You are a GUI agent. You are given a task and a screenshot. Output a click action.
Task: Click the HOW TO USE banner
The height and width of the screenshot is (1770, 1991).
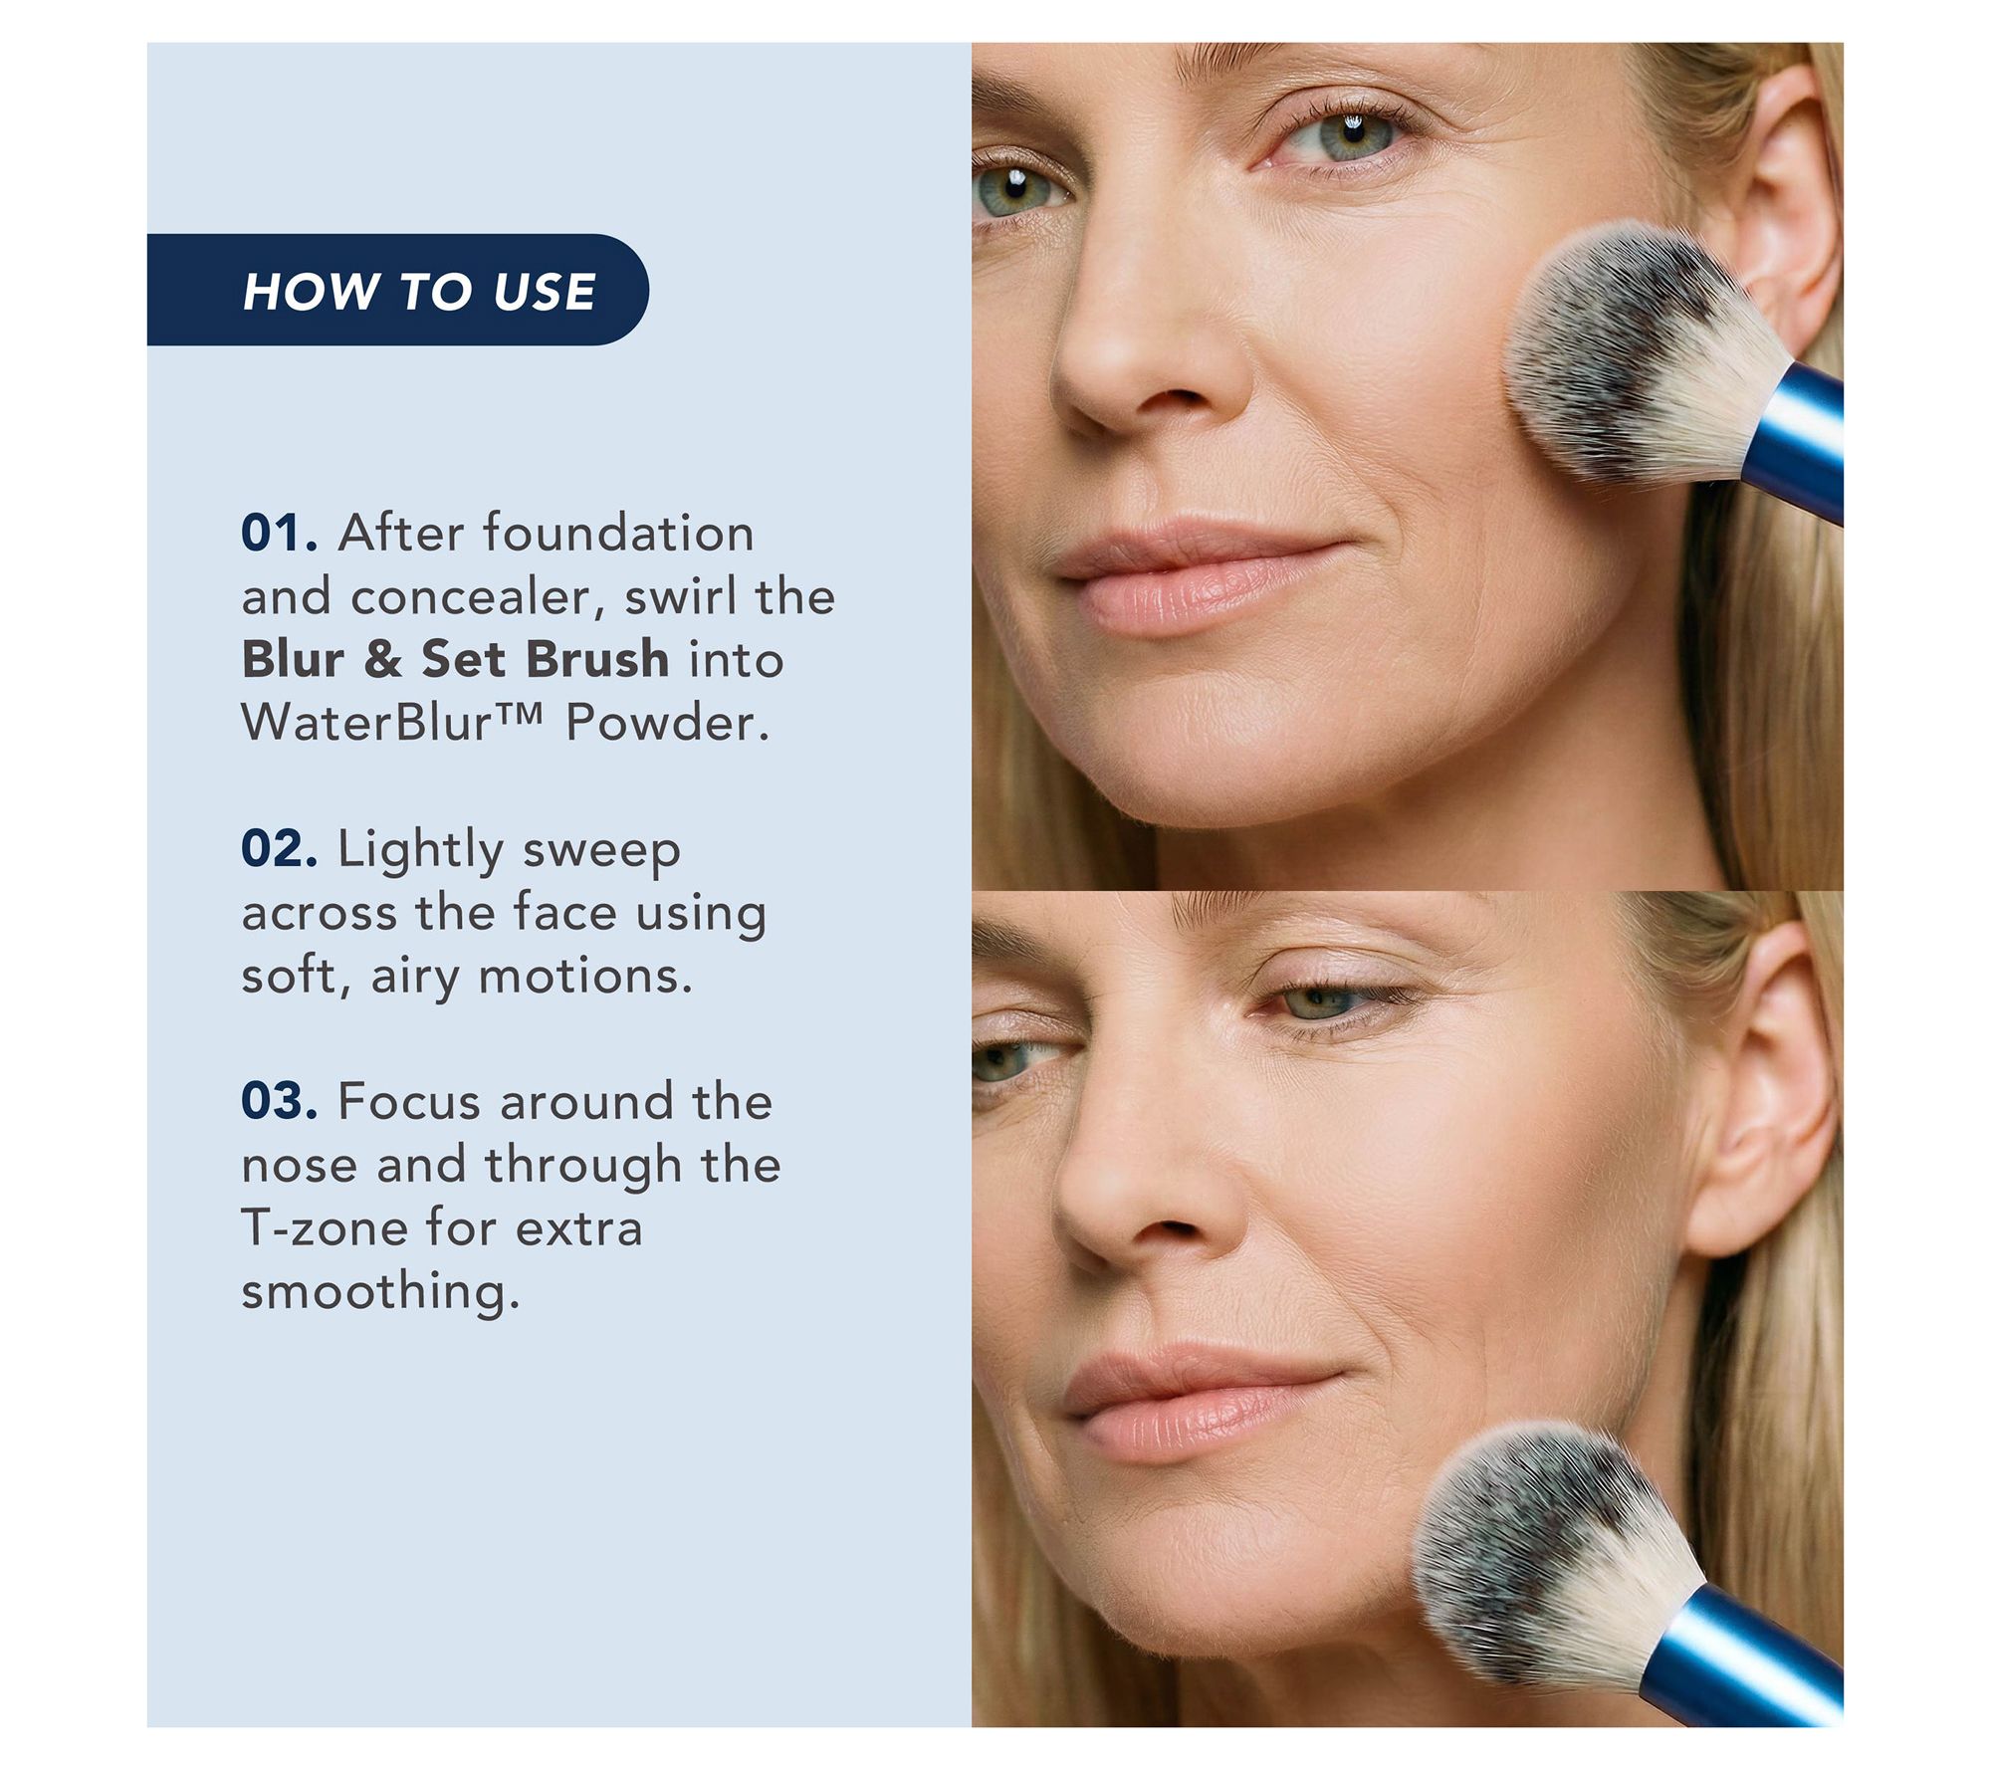(397, 290)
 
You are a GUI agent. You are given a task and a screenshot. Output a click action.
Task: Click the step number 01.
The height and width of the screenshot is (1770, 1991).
(280, 534)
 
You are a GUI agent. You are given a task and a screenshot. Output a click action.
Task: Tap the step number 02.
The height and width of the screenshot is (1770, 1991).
(280, 849)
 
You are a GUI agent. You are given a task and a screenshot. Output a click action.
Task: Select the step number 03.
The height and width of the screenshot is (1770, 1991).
(280, 1102)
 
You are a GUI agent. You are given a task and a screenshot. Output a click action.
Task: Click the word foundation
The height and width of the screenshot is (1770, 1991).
(618, 533)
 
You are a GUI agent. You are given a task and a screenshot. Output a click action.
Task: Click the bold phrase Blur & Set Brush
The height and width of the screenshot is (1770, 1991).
(455, 659)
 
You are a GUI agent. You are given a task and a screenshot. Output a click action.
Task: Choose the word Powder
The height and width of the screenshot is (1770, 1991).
(668, 722)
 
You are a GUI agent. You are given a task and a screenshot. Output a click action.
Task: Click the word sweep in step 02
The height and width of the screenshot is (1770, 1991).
(601, 853)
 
